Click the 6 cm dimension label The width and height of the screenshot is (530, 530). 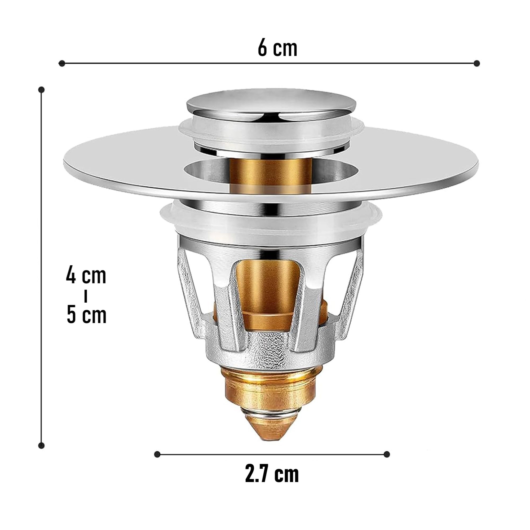[278, 48]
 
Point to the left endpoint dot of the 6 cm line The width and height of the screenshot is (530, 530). [62, 64]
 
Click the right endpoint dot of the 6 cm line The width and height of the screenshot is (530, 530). [477, 64]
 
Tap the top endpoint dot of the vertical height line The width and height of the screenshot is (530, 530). [41, 90]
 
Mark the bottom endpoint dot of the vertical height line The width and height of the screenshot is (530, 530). [41, 445]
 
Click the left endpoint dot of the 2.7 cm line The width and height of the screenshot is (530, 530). [157, 454]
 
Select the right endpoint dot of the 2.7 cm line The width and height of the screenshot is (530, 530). [387, 454]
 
